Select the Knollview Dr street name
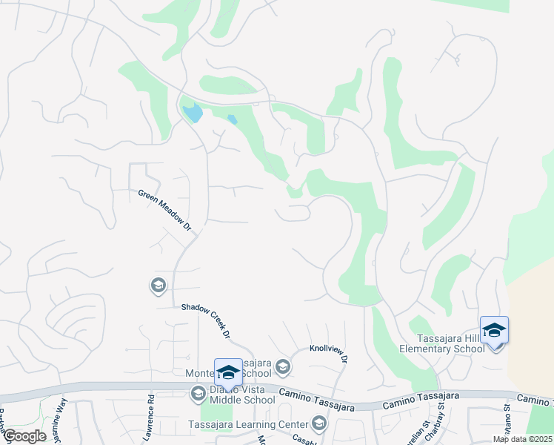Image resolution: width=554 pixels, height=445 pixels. coord(329,353)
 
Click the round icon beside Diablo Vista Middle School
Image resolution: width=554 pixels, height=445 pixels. coord(198,394)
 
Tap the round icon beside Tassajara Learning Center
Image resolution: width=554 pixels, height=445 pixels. coord(319,423)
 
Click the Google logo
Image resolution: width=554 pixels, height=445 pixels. coord(24,436)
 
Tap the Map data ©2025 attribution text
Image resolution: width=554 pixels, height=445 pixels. coord(521,439)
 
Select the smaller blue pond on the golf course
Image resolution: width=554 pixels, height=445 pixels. coord(232,119)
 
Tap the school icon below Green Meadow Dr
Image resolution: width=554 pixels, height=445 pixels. coord(157,286)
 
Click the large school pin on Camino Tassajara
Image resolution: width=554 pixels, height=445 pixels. coord(228,372)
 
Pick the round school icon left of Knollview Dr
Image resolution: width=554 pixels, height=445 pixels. coord(282,366)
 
